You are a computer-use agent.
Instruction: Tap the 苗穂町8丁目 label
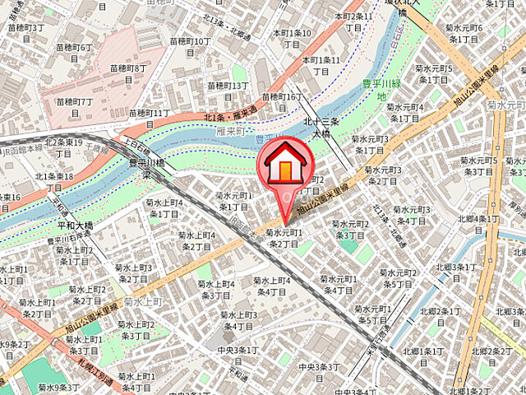click(x=129, y=73)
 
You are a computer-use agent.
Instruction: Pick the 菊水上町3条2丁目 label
click(x=133, y=273)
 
